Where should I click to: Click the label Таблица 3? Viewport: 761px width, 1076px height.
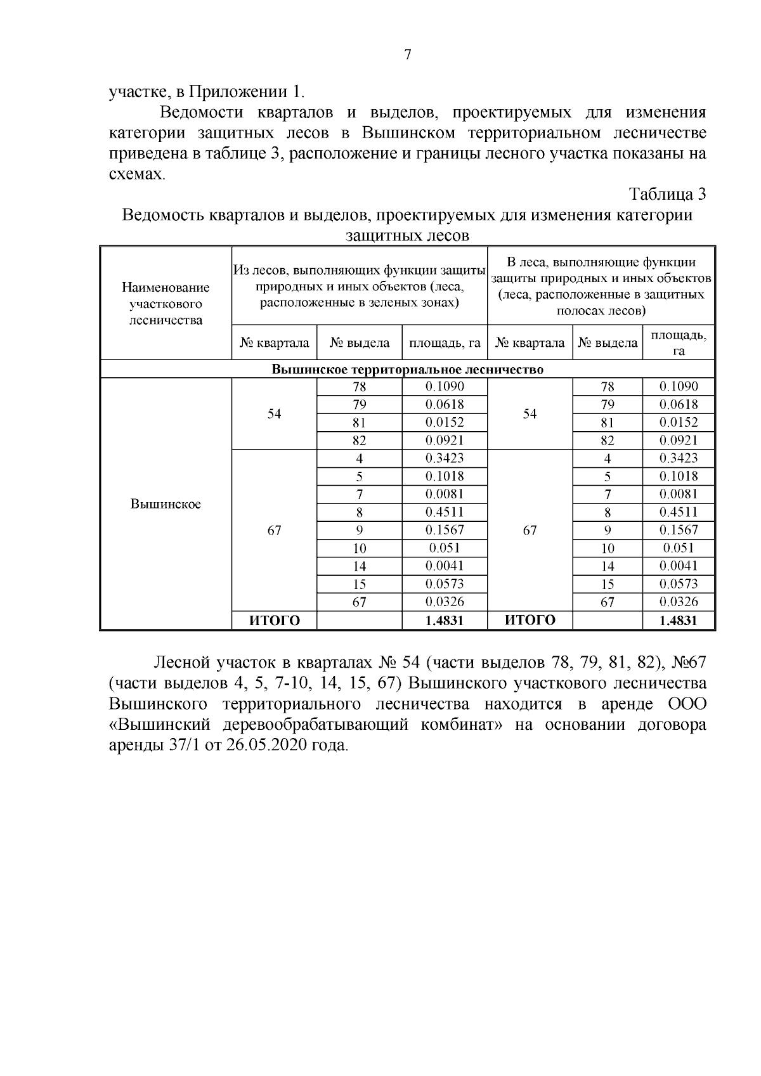coord(667,194)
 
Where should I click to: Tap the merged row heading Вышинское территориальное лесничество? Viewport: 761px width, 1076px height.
coord(408,370)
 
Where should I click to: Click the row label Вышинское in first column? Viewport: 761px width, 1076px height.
coord(166,504)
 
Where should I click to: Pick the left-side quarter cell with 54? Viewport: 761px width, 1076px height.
coord(274,414)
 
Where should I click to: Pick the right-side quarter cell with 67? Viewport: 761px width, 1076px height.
coord(530,531)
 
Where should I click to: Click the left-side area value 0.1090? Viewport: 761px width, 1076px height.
coord(445,387)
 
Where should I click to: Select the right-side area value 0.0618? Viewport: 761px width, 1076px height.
coord(679,405)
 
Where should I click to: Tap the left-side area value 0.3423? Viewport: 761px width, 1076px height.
coord(445,458)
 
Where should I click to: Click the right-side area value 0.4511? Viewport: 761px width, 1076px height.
coord(679,512)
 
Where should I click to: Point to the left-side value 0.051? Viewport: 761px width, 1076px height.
coord(445,548)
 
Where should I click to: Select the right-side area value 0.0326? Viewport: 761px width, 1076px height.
coord(679,602)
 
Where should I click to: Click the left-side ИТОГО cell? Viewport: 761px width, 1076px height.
coord(274,621)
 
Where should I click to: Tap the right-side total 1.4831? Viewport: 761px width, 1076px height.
coord(679,621)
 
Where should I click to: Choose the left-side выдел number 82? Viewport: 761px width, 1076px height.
coord(360,441)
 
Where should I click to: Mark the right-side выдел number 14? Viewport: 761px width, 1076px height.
coord(608,566)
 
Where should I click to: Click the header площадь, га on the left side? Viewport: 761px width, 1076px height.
coord(445,344)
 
